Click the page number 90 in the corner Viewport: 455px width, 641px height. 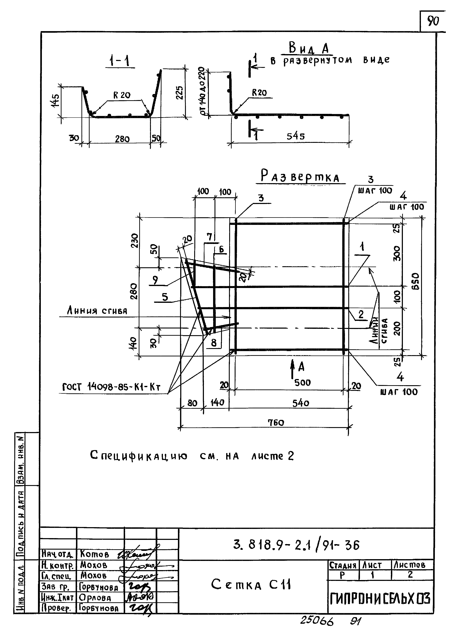(x=433, y=21)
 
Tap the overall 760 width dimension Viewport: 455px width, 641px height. (x=276, y=423)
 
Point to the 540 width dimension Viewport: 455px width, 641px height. (x=300, y=403)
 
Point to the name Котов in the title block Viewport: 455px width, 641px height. (x=94, y=559)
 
